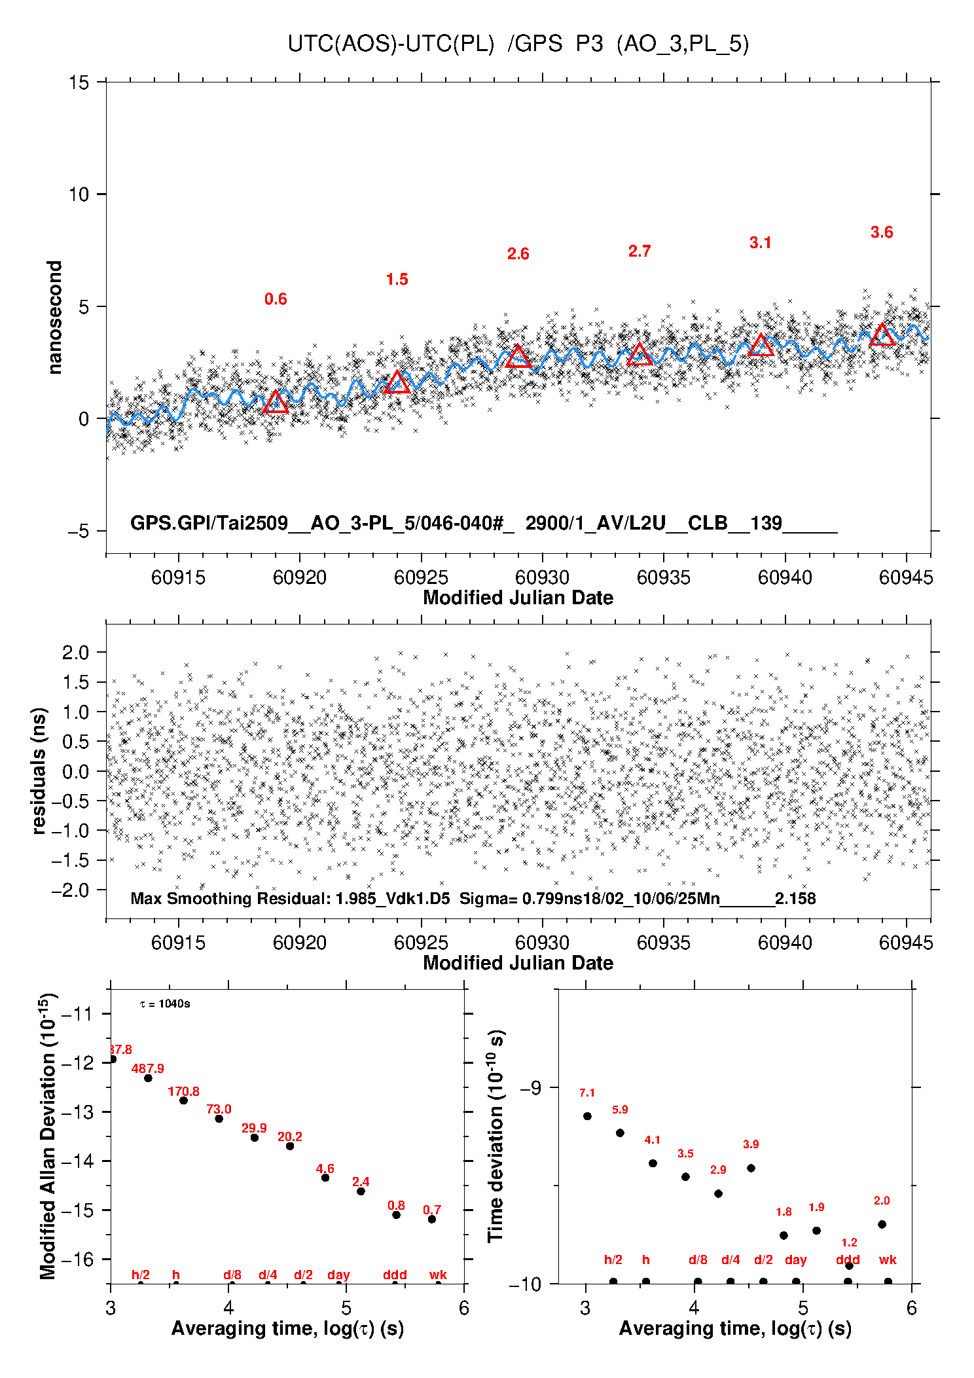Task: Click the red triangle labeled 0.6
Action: point(276,403)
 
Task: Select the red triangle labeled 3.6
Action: point(882,335)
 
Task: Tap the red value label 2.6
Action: point(518,254)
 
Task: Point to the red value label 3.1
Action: point(760,243)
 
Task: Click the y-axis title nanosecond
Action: point(55,317)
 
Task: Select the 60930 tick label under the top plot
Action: point(542,577)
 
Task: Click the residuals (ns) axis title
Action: point(39,771)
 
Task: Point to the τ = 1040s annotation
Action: point(165,1004)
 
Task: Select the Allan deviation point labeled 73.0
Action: point(219,1119)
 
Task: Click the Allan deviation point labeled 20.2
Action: point(290,1146)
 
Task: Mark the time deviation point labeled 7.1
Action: point(587,1116)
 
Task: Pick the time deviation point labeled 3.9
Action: point(751,1168)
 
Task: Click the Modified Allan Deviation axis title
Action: point(48,1136)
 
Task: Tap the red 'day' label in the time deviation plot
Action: point(795,1260)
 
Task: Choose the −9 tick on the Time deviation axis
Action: point(530,1088)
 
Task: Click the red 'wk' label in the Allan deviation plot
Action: point(438,1275)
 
